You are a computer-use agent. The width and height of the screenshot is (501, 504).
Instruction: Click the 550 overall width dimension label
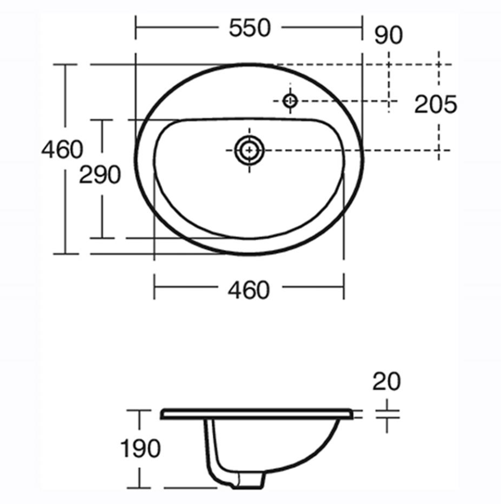click(x=249, y=28)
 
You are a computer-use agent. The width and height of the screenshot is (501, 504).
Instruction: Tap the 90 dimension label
click(x=388, y=35)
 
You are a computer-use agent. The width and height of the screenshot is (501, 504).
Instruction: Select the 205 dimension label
click(x=435, y=104)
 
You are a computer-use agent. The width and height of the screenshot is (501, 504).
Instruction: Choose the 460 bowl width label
click(x=248, y=290)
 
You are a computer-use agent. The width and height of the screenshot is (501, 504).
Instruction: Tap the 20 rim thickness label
click(x=387, y=382)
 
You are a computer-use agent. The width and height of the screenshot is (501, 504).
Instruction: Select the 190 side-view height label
click(x=139, y=449)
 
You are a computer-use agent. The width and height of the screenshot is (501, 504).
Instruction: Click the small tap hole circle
click(x=290, y=101)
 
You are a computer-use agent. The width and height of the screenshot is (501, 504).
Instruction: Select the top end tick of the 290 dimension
click(x=102, y=120)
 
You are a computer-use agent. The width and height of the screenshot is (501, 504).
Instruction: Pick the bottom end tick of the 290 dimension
click(x=102, y=238)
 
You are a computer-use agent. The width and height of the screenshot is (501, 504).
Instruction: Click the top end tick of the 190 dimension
click(x=139, y=410)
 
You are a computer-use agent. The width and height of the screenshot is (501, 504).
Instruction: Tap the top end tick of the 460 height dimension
click(x=65, y=65)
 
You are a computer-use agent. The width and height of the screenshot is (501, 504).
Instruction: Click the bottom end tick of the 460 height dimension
click(x=65, y=254)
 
